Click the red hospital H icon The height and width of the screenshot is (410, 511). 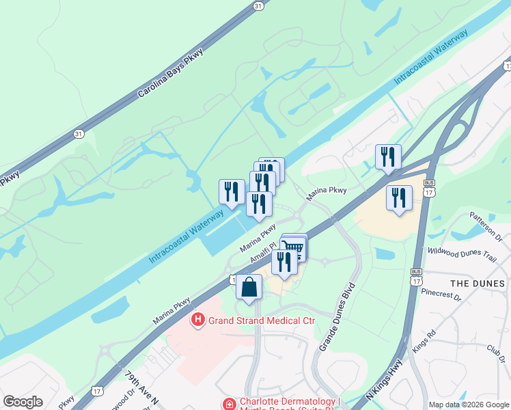pos(198,319)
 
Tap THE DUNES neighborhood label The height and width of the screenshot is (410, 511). pos(478,283)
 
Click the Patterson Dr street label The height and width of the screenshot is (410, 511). pos(486,226)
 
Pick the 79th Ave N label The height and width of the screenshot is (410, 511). pos(141,387)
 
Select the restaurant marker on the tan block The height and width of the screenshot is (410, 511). pos(399,198)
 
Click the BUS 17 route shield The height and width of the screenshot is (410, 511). pos(429,189)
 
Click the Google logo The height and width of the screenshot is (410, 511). pos(23,402)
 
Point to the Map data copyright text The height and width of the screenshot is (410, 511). pos(469,405)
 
